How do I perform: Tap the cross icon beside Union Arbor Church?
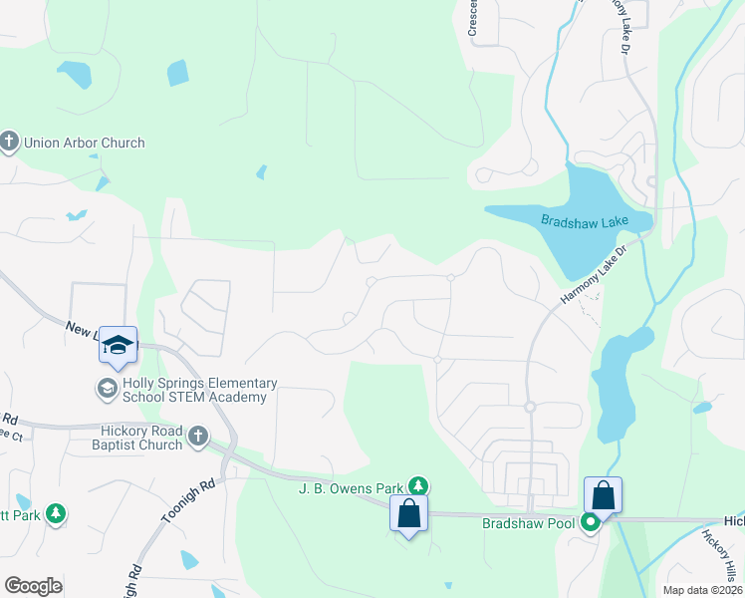[x=10, y=143]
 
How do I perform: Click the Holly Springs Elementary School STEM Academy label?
[x=194, y=390]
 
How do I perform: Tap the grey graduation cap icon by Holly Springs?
[x=106, y=387]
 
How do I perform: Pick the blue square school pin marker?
[x=119, y=345]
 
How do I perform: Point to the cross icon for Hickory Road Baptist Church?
[x=197, y=436]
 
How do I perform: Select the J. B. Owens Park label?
[x=352, y=488]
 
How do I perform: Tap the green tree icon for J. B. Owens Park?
[x=419, y=486]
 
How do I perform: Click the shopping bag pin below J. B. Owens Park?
[x=409, y=513]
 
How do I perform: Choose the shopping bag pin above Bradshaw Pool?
[x=604, y=495]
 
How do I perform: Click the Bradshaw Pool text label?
[x=529, y=522]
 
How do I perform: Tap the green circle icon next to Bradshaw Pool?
[x=590, y=521]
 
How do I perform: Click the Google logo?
[x=34, y=586]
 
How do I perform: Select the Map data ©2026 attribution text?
[x=702, y=590]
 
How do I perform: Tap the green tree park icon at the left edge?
[x=57, y=514]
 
